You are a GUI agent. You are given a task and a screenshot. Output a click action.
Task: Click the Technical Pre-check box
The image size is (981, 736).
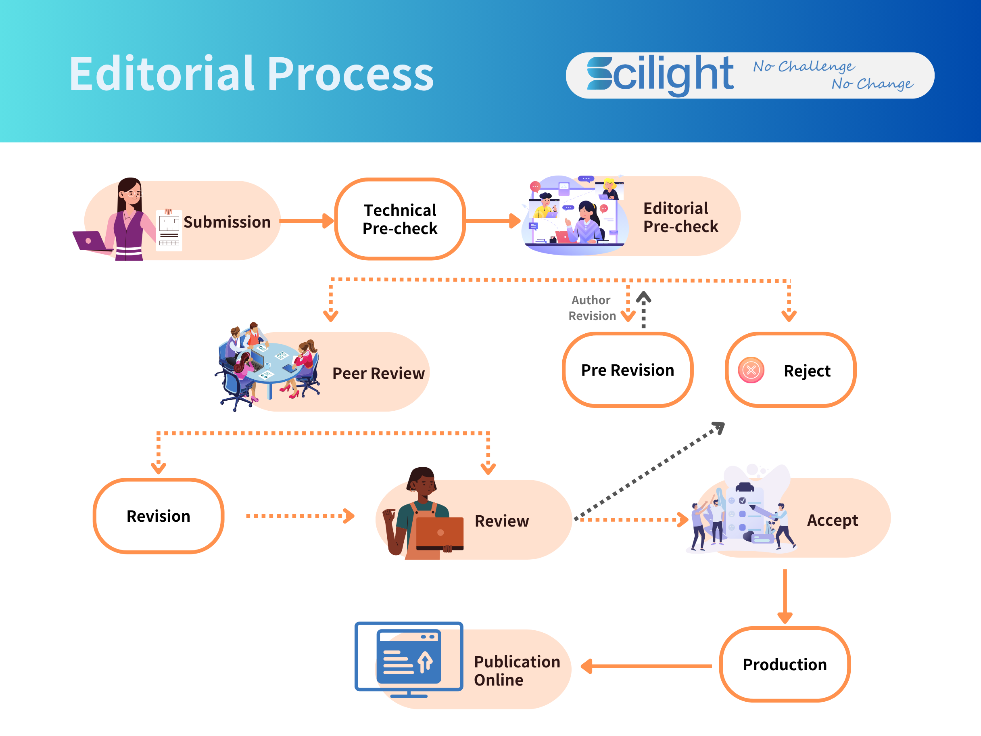(x=400, y=219)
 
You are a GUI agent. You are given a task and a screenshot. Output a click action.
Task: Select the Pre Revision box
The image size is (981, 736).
(x=627, y=370)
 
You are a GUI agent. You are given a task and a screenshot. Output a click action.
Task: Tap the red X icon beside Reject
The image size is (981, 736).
(x=751, y=370)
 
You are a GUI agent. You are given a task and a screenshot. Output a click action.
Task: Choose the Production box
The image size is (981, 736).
(x=784, y=664)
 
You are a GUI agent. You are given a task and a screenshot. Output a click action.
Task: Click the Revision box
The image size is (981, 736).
(x=159, y=516)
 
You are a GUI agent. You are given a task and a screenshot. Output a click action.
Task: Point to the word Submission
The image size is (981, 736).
(x=227, y=222)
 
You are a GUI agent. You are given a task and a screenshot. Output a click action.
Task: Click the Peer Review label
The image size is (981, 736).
(x=378, y=373)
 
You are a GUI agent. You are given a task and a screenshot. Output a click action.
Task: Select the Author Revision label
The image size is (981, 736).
(x=592, y=308)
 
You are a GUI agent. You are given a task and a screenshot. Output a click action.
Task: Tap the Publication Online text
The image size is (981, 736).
(x=517, y=670)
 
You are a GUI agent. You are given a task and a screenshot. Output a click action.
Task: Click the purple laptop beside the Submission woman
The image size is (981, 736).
(x=90, y=241)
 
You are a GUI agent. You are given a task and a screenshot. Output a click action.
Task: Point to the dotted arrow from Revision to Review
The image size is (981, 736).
(x=300, y=516)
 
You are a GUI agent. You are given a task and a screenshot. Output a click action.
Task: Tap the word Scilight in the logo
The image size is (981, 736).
(x=660, y=75)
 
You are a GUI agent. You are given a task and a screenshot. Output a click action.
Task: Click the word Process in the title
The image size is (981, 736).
(x=351, y=74)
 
